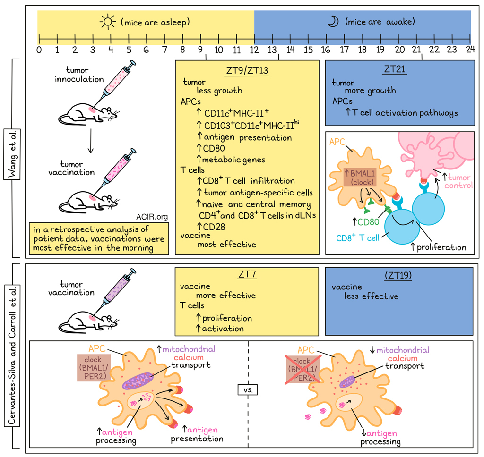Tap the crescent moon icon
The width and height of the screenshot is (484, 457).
(x=333, y=22)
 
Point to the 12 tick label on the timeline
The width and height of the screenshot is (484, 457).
(x=254, y=49)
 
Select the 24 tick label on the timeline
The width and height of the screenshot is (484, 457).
(x=469, y=49)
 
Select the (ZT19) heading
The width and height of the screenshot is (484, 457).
(x=398, y=275)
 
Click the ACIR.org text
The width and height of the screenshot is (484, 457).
(x=152, y=217)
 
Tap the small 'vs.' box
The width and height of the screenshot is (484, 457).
(x=248, y=390)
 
